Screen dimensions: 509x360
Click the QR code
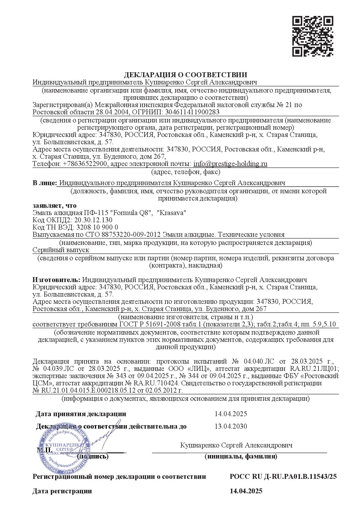[313, 36]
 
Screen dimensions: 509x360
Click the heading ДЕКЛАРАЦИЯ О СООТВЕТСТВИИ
[186, 75]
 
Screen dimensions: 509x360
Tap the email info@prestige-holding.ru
[230, 164]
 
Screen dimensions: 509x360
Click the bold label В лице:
[44, 183]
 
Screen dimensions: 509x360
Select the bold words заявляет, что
[54, 205]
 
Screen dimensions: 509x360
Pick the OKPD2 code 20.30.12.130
[93, 220]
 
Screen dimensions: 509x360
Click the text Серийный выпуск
[61, 250]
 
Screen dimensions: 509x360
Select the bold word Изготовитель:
[56, 280]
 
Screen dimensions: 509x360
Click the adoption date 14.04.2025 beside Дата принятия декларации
[231, 414]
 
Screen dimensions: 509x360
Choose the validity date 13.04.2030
[231, 426]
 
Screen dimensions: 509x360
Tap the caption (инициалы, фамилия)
[241, 456]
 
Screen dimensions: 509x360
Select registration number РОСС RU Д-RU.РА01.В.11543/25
[283, 476]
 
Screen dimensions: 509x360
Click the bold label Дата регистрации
[62, 491]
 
